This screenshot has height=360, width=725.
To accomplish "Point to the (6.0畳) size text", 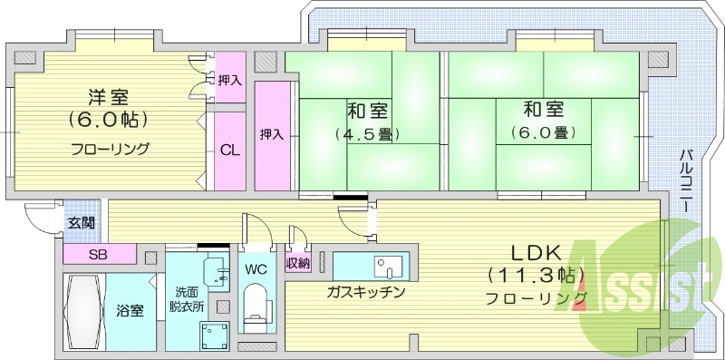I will pos(543,133).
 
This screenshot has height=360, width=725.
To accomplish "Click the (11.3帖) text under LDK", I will pos(536,276).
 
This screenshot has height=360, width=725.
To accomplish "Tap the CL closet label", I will pos(230,151).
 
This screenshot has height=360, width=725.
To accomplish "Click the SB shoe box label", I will pos(98,253).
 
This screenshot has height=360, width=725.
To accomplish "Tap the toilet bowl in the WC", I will pos(259,304).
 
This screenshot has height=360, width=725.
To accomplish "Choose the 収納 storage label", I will pos(298,264).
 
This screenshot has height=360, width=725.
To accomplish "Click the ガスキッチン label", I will pos(366,292).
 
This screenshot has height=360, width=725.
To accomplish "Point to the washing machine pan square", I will pos(214,336).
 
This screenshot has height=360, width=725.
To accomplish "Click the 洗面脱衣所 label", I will pos(188,298).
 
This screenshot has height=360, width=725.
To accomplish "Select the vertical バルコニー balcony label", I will pos(686,181).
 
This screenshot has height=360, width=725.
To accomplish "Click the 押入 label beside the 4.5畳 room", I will pos(272,134).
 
